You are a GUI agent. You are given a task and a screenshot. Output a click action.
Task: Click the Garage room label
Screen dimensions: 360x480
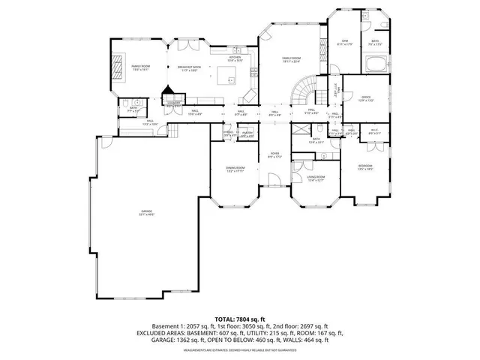[x=145, y=212]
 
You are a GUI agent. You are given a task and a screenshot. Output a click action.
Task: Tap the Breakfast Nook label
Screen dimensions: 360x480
[x=189, y=67]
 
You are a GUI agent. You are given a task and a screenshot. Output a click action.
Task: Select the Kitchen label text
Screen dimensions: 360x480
[x=235, y=58]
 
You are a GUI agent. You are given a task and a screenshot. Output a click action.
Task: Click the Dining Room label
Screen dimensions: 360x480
[x=235, y=169]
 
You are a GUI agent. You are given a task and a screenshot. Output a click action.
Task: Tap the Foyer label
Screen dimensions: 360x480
[x=274, y=155]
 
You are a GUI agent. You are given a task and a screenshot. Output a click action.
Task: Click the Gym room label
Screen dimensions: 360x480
[x=345, y=41]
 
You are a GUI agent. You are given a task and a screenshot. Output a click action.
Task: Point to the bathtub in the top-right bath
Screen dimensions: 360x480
[x=375, y=64]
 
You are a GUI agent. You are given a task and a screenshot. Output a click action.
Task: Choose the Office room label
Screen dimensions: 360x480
[x=366, y=98]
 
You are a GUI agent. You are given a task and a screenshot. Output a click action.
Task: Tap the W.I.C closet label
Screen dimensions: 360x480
[x=374, y=130]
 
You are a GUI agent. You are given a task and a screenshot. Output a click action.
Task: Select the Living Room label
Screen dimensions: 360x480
[x=316, y=178]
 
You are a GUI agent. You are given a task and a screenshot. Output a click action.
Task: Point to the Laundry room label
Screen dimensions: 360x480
[x=173, y=104]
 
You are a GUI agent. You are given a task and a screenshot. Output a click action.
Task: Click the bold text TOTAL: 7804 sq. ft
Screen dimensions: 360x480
[x=239, y=320]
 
